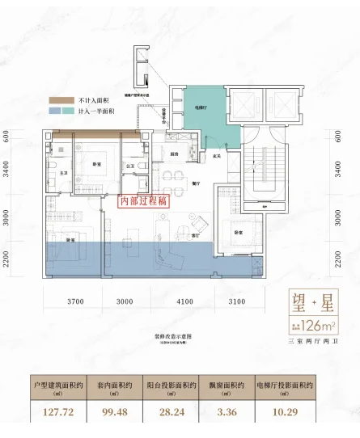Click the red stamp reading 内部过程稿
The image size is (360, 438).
pyautogui.click(x=142, y=202)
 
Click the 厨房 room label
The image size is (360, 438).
pyautogui.click(x=174, y=154)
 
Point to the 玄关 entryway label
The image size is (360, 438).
pyautogui.click(x=218, y=156)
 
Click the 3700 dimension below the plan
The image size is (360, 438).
pyautogui.click(x=75, y=301)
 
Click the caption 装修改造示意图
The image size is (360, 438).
pyautogui.click(x=179, y=318)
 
